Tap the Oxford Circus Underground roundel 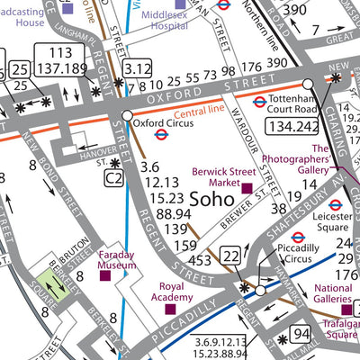(x=162, y=135)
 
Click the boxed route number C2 (x=112, y=179)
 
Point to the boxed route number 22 (x=232, y=256)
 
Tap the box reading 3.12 (x=137, y=67)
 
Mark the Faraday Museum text (x=122, y=259)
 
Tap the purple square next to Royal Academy (x=170, y=309)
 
